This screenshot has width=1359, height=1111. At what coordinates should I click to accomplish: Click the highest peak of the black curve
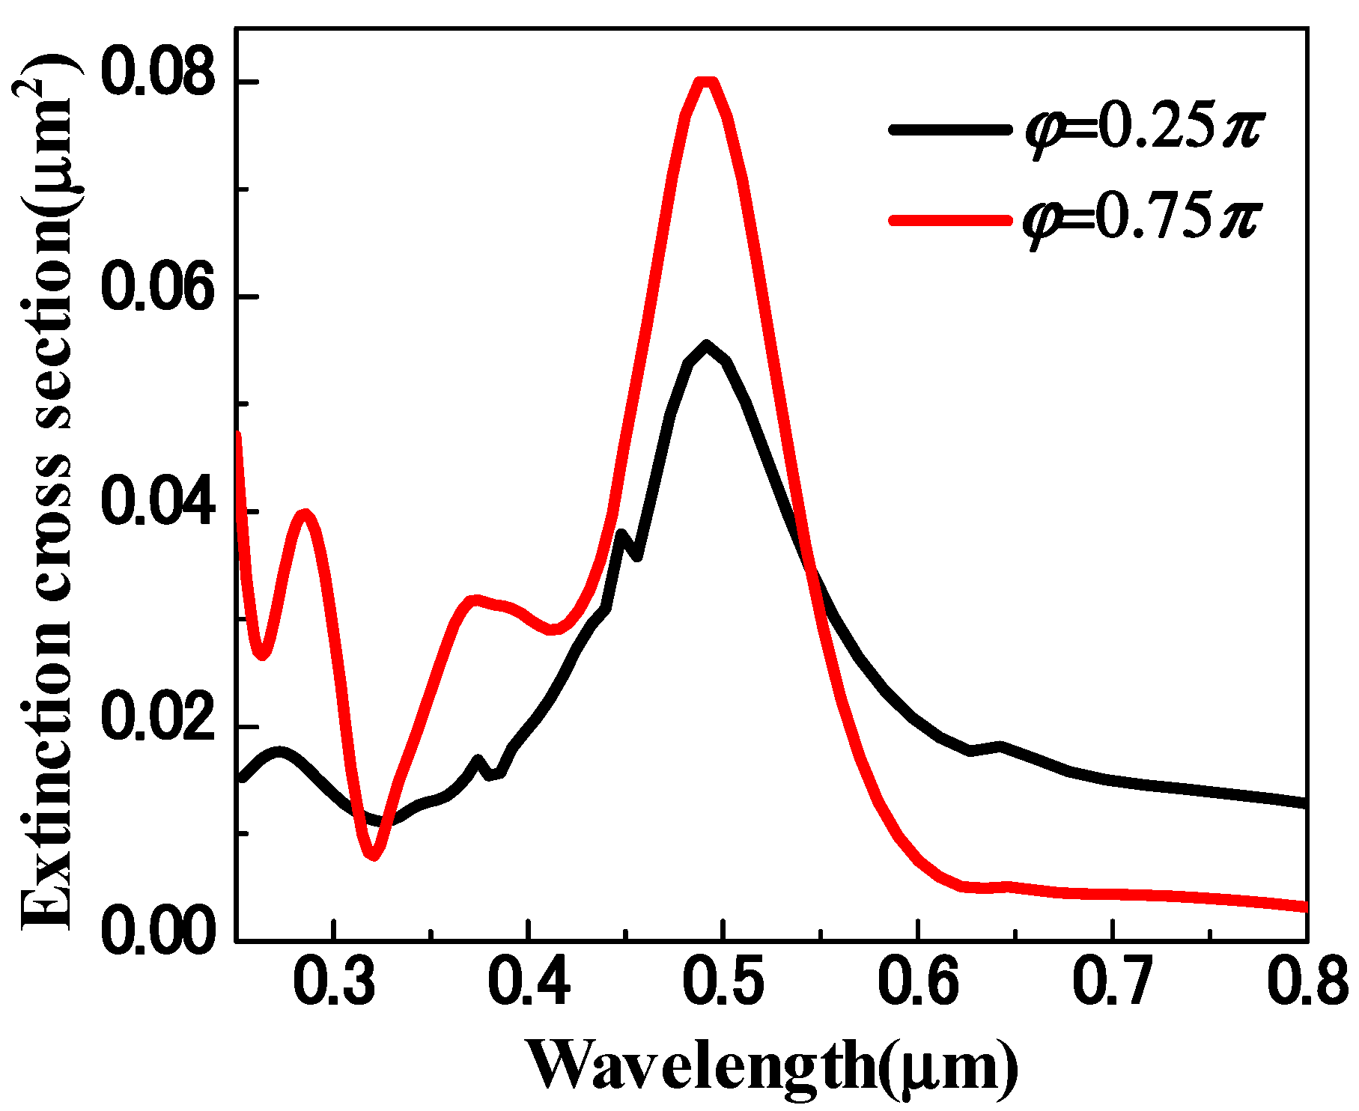706,344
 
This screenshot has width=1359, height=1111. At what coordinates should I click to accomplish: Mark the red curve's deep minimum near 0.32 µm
374,855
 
